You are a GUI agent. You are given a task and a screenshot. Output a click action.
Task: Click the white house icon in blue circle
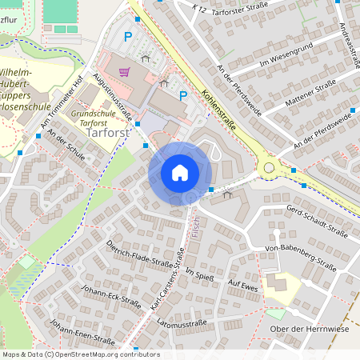pyautogui.click(x=179, y=172)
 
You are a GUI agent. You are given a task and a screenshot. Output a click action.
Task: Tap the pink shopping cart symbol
pyautogui.click(x=124, y=71)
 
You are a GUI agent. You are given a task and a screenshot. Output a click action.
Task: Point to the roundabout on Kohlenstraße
pyautogui.click(x=268, y=169)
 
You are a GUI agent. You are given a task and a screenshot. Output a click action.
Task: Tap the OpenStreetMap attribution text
pyautogui.click(x=80, y=354)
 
